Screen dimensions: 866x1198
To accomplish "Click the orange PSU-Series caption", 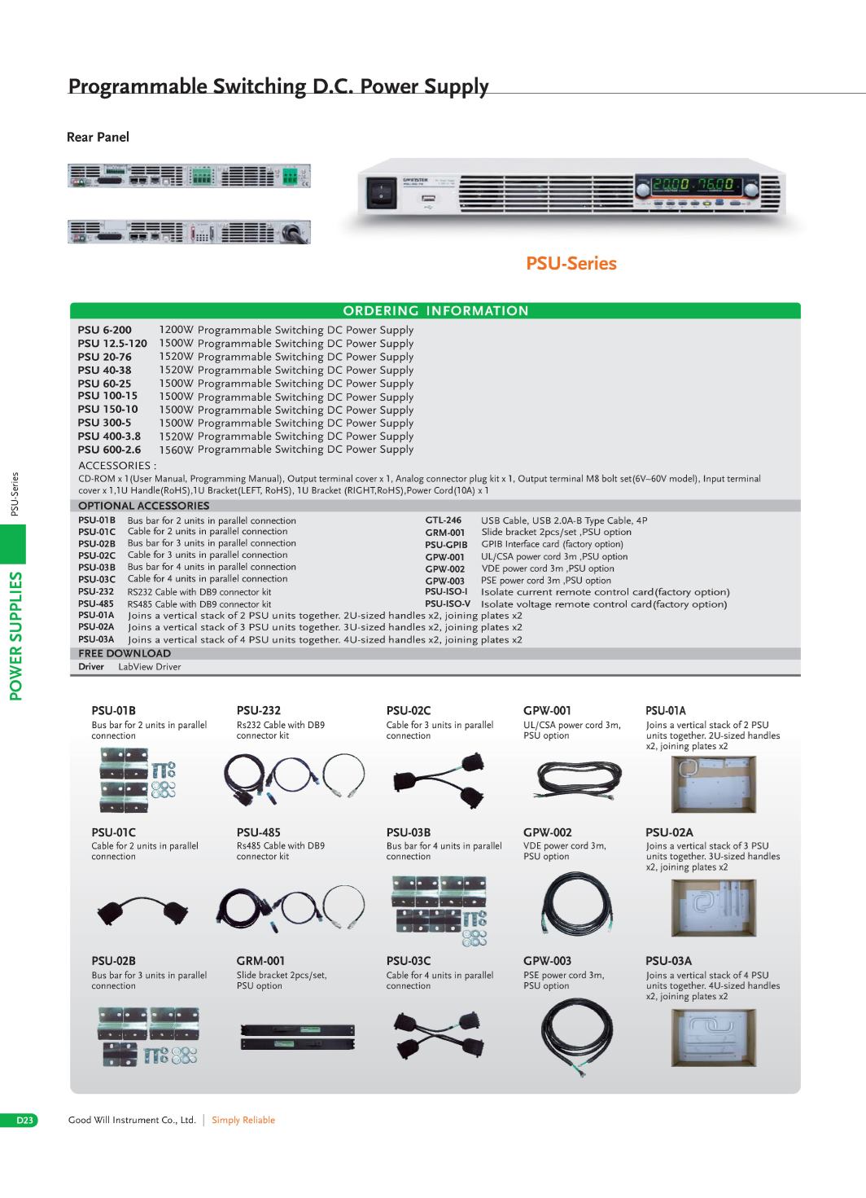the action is coord(571,263).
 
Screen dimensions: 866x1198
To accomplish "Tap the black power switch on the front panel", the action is coord(381,193).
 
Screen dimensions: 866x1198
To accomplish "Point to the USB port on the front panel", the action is coord(427,200).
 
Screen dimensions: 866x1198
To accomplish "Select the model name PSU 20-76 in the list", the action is coord(104,357).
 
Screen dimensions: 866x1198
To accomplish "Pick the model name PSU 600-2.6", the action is coord(109,450).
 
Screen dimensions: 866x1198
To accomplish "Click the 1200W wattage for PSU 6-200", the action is coord(176,330).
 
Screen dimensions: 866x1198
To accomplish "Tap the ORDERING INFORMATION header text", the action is coord(435,311).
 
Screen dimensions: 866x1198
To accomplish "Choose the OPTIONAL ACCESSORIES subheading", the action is coord(144,506).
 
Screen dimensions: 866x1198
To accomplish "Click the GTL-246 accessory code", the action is coord(443,520).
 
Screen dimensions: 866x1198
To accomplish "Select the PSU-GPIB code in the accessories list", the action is coord(446,545).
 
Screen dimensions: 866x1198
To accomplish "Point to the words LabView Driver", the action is coord(150,667).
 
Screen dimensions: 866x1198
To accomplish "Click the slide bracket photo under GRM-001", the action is coord(298,1038).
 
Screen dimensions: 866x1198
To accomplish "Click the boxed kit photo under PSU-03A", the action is coord(714,1038).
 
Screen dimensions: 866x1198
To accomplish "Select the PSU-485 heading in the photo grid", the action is coord(259,832).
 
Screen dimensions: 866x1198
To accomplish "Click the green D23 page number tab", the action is coord(19,1120).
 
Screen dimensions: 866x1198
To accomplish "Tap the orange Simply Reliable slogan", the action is coord(243,1120).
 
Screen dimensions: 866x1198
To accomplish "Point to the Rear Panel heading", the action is coord(98,137).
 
